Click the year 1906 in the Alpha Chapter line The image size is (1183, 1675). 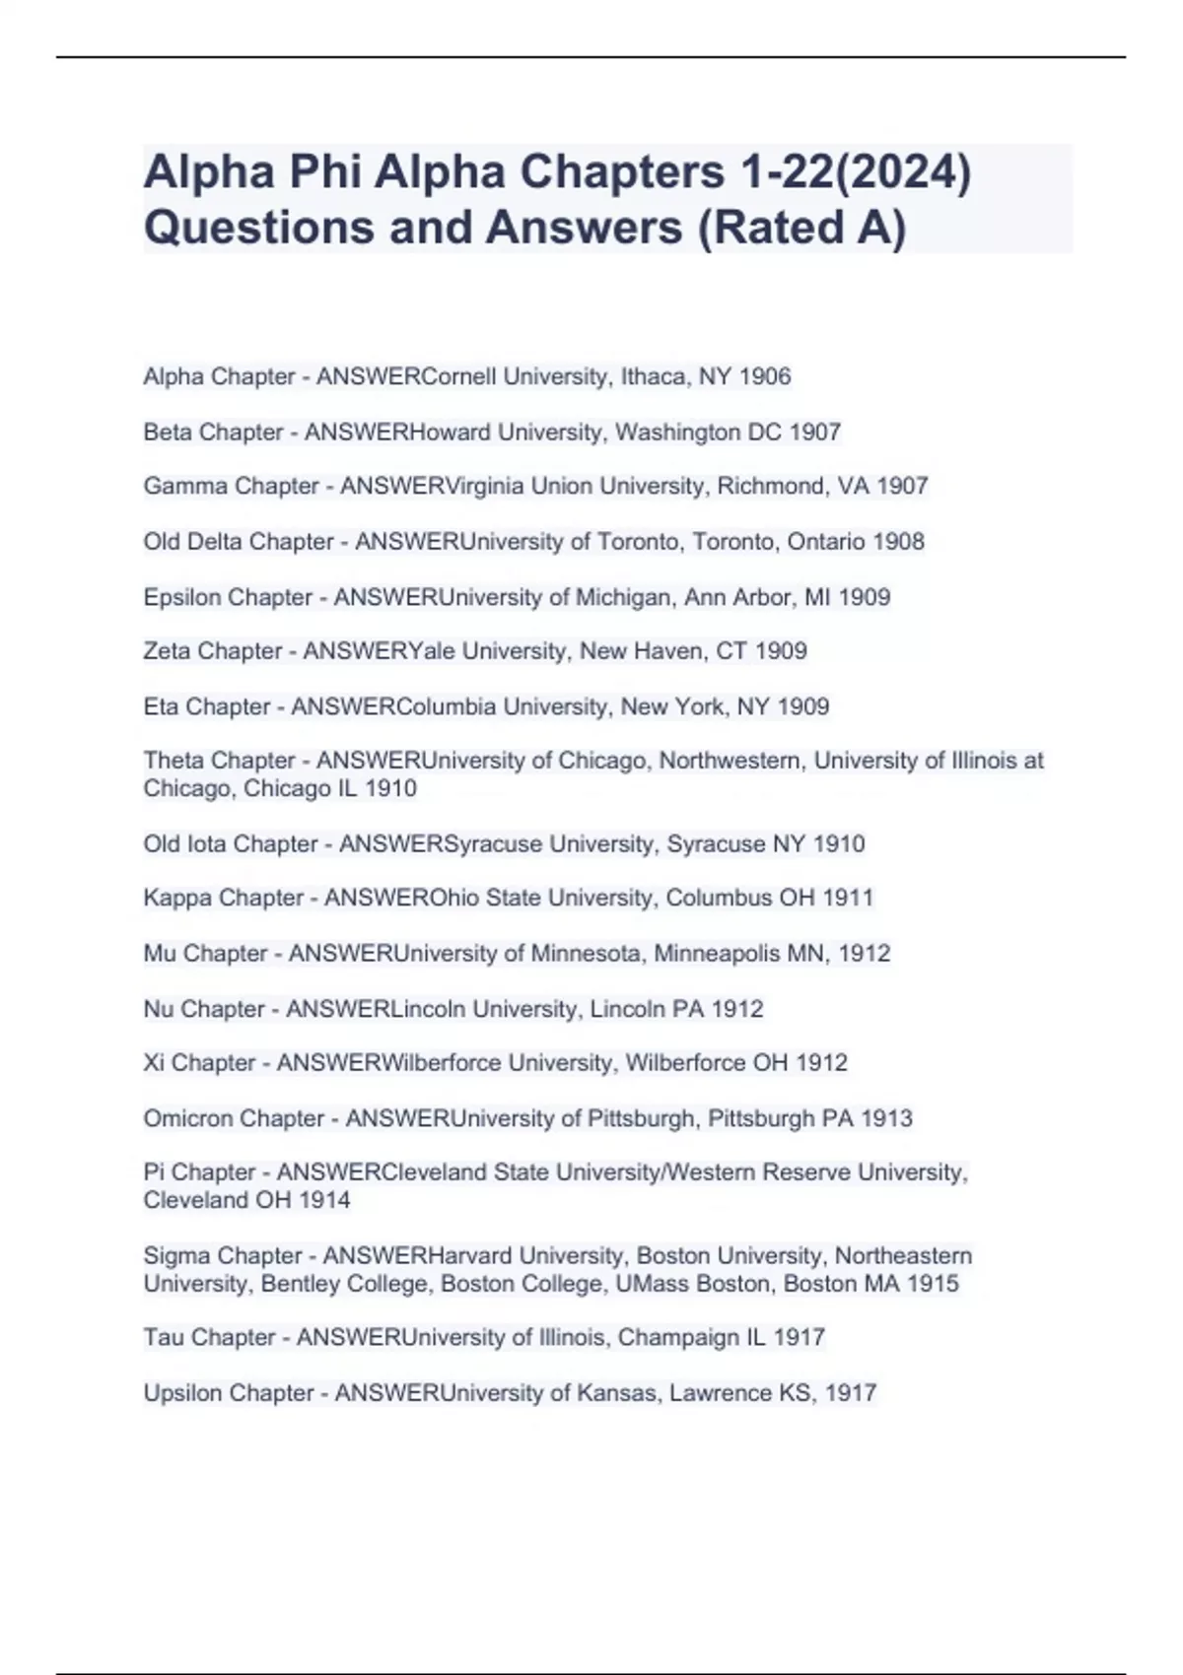[764, 376]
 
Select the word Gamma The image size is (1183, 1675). [182, 486]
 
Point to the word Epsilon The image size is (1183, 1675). [185, 597]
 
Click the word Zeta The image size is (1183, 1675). [167, 650]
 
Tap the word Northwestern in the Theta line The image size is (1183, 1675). [730, 761]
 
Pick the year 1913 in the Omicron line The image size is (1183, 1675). [886, 1118]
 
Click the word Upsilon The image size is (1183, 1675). [184, 1393]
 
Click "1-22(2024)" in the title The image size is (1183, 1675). [855, 173]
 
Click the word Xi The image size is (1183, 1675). [155, 1062]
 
